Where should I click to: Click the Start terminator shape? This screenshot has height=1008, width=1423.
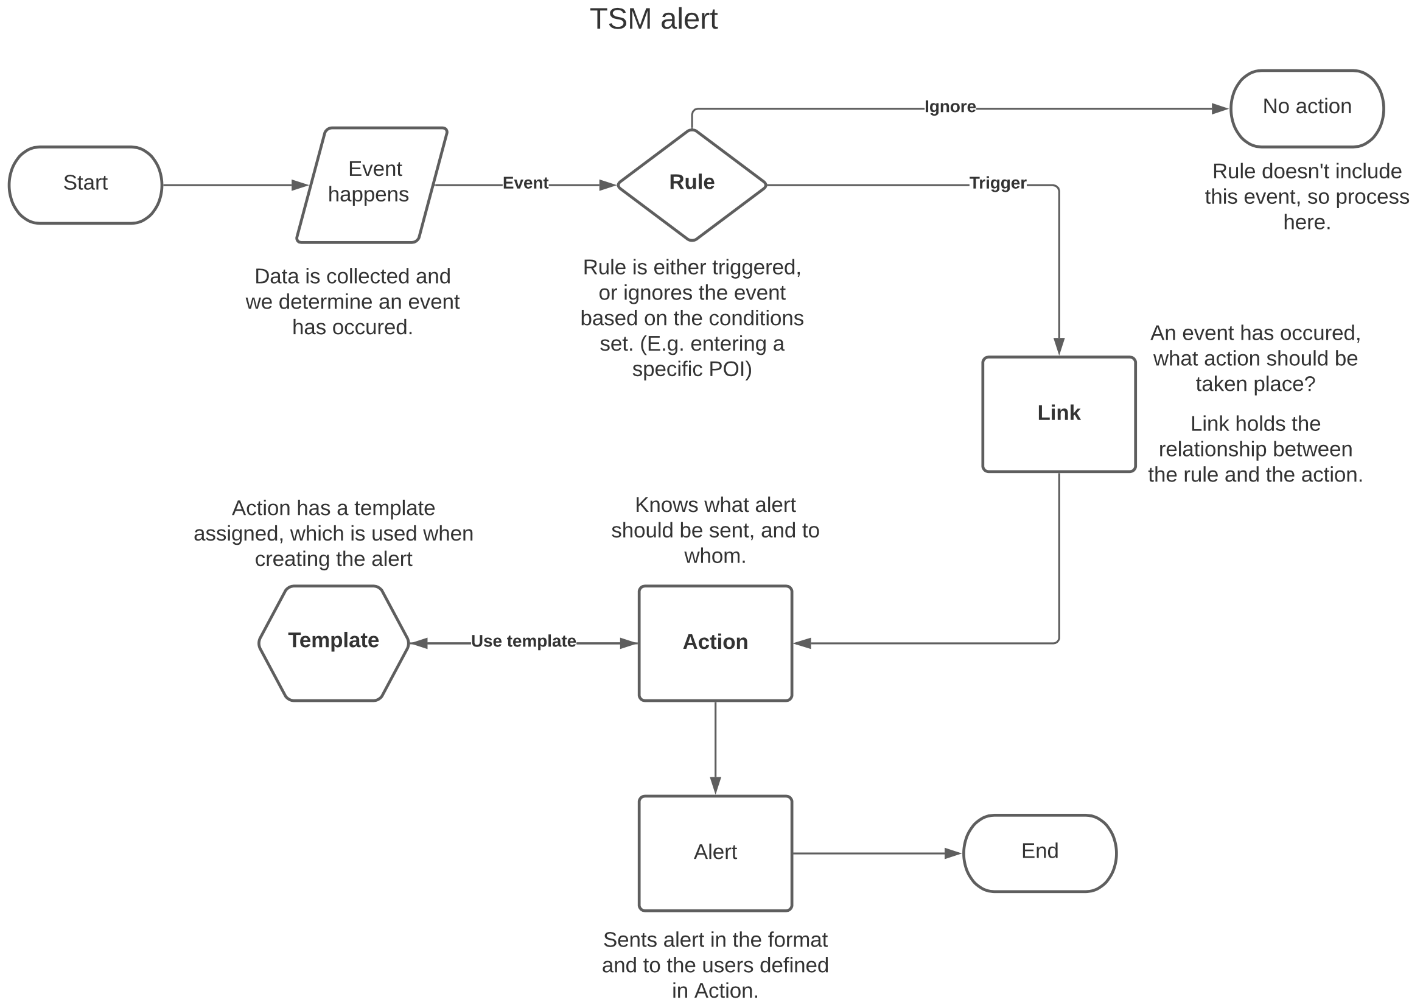coord(85,184)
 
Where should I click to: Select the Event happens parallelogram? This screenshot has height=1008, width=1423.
coord(371,184)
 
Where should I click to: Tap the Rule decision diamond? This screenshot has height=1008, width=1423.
coord(691,184)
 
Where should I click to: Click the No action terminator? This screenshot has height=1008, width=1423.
coord(1306,108)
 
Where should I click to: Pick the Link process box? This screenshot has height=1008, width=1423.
coord(1058,414)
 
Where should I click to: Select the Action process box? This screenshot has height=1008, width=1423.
coord(715,643)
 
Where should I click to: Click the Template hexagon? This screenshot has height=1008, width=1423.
coord(334,643)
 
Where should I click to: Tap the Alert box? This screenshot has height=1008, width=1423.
coord(715,853)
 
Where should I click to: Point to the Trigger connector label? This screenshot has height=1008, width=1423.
coord(997,183)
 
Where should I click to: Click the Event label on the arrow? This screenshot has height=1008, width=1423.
coord(525,183)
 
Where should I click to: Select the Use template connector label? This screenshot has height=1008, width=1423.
coord(523,641)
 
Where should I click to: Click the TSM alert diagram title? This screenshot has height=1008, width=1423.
coord(653,19)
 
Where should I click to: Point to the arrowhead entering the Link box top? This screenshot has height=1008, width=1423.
coord(1058,346)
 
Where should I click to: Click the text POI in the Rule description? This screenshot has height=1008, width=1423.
coord(729,369)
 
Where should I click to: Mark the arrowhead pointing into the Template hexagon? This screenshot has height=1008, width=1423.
coord(419,643)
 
